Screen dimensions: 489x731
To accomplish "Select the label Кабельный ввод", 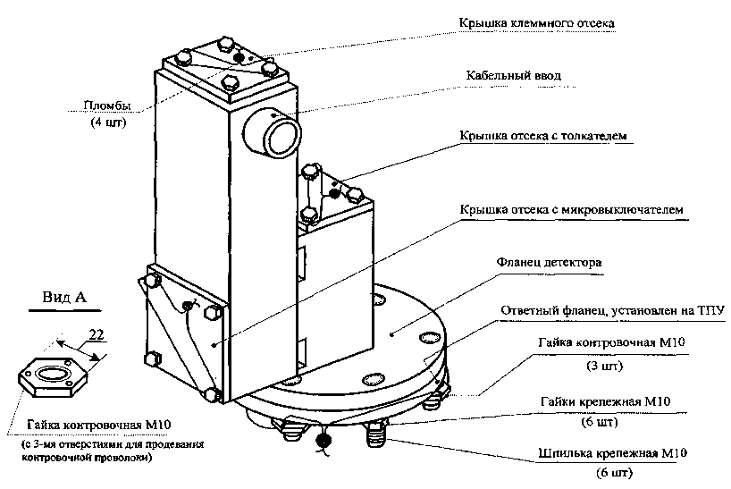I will click(x=513, y=77).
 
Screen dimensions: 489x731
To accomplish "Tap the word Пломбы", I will click(x=107, y=106).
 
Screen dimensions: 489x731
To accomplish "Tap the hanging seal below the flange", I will click(x=323, y=441).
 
